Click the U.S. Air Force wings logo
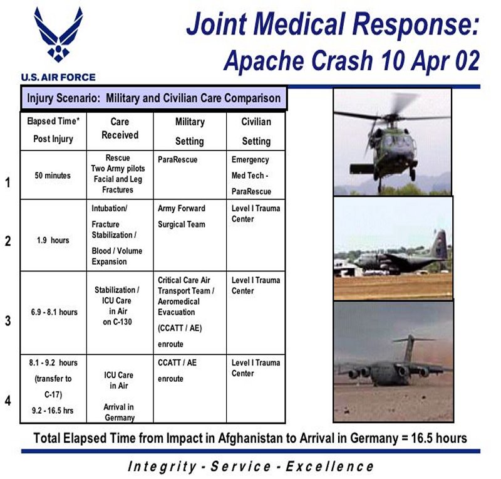(x=58, y=34)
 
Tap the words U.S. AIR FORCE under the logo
(x=58, y=78)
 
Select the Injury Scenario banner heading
(x=153, y=98)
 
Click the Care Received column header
(x=120, y=129)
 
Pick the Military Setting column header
(x=190, y=131)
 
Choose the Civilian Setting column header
(x=256, y=131)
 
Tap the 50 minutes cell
(x=53, y=176)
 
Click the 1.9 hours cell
(x=53, y=240)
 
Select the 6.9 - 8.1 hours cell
(x=54, y=312)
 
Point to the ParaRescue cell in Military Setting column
(x=177, y=160)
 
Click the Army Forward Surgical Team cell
(x=182, y=216)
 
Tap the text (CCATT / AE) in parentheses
(x=180, y=329)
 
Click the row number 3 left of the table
(x=8, y=320)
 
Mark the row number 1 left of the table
(x=8, y=182)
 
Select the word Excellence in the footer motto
(x=329, y=466)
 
